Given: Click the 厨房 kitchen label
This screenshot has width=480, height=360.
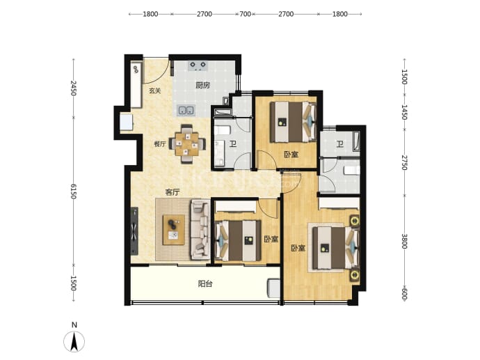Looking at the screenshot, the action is pyautogui.click(x=202, y=85).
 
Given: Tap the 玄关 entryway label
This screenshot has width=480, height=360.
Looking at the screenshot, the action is pyautogui.click(x=155, y=91).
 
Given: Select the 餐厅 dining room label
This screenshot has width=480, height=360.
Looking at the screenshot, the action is pyautogui.click(x=160, y=144).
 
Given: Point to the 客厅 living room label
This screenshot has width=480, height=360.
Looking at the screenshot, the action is pyautogui.click(x=173, y=192).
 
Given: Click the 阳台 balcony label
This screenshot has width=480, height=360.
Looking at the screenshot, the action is pyautogui.click(x=205, y=284).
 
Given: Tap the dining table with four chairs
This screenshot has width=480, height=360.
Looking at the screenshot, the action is pyautogui.click(x=187, y=144).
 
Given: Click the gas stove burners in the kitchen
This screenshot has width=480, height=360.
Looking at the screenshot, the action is pyautogui.click(x=198, y=66).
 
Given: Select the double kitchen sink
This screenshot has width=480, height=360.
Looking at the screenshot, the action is pyautogui.click(x=186, y=110).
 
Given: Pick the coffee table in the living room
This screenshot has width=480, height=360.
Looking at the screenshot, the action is pyautogui.click(x=174, y=230).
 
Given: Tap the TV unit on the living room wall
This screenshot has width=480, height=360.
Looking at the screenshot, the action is pyautogui.click(x=134, y=231).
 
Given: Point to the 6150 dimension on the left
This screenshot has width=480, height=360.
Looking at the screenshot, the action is pyautogui.click(x=73, y=191).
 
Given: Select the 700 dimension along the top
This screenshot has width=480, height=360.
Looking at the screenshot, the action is pyautogui.click(x=245, y=14).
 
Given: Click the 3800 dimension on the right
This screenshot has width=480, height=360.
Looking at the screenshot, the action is pyautogui.click(x=404, y=242).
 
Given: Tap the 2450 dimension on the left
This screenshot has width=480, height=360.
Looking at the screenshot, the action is pyautogui.click(x=73, y=88).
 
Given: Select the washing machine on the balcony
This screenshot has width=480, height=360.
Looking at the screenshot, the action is pyautogui.click(x=273, y=288).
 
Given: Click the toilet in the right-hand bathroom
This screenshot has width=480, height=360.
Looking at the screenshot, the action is pyautogui.click(x=352, y=171).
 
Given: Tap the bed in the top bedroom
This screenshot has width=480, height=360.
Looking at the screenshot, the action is pyautogui.click(x=293, y=122).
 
